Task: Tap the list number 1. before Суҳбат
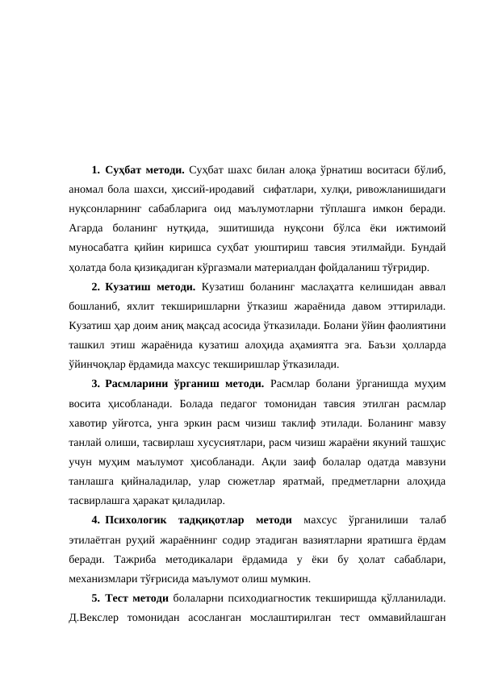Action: coord(95,170)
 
